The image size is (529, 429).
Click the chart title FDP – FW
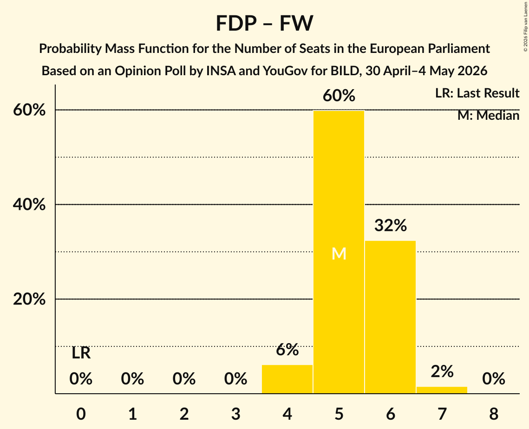(x=265, y=23)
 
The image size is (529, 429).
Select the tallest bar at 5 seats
(x=339, y=252)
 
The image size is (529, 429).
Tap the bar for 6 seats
(x=390, y=317)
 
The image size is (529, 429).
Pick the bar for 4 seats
(x=287, y=379)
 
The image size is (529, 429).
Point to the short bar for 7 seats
(x=442, y=390)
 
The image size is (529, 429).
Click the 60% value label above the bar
(x=339, y=96)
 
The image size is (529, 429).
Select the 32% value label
(x=390, y=225)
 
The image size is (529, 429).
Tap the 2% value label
(x=442, y=371)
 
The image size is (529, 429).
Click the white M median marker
(x=339, y=253)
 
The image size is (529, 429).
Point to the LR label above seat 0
(x=81, y=353)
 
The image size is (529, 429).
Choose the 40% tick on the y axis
(x=29, y=204)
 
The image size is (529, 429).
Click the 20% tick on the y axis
(x=29, y=299)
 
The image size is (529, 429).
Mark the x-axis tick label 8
(x=494, y=414)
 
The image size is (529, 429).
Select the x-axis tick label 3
(x=235, y=414)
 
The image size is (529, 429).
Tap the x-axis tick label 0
(x=81, y=414)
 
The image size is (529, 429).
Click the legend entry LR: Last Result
(x=477, y=93)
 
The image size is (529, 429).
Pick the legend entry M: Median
(x=488, y=116)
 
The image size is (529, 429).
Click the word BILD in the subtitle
(x=345, y=71)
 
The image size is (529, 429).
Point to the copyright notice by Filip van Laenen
(x=525, y=26)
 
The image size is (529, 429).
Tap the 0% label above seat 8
(x=494, y=379)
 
